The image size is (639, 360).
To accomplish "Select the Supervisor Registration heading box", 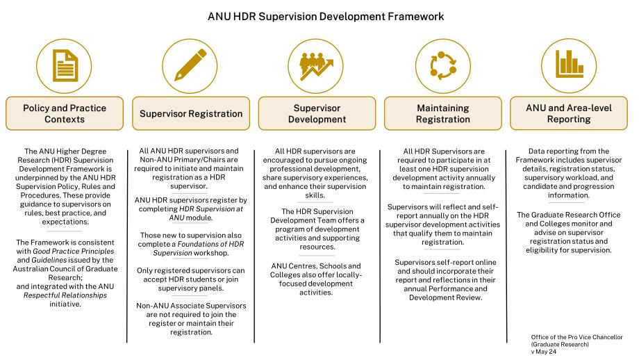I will coord(192,113).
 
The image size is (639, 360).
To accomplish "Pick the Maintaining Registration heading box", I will coord(442,113).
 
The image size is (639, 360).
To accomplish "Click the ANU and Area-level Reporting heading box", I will coord(568,113).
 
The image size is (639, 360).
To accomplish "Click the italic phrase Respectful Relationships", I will coord(63,295).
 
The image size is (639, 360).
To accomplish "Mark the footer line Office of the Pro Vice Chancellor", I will coord(576,337).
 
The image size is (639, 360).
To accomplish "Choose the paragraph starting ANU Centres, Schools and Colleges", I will coord(316,279).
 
